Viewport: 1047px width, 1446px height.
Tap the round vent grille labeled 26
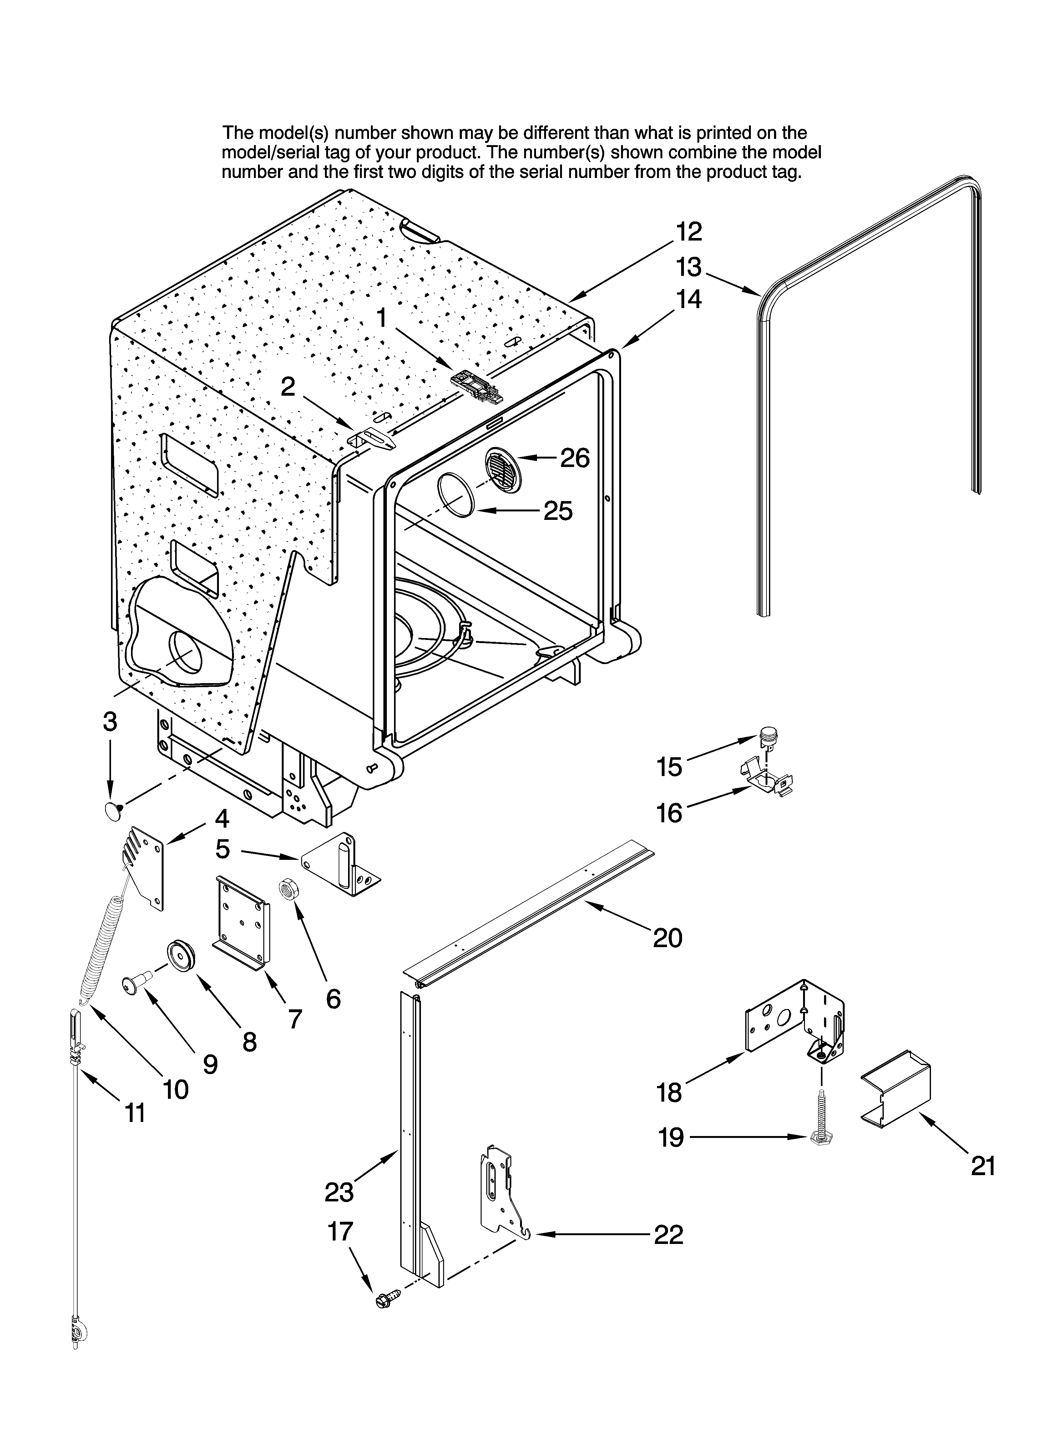tap(503, 470)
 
